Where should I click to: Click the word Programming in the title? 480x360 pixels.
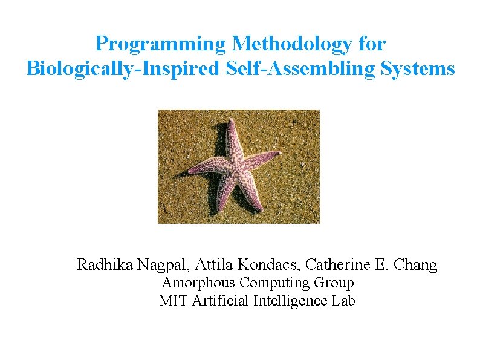point(160,44)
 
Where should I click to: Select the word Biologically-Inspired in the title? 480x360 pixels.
point(122,69)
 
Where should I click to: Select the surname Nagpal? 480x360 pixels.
point(162,265)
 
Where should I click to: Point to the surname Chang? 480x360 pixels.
point(417,265)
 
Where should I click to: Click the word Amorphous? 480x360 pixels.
point(199,283)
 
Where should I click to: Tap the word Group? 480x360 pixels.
point(334,283)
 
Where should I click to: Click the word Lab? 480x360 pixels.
point(344,301)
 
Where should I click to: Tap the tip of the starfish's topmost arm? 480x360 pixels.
point(230,120)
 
